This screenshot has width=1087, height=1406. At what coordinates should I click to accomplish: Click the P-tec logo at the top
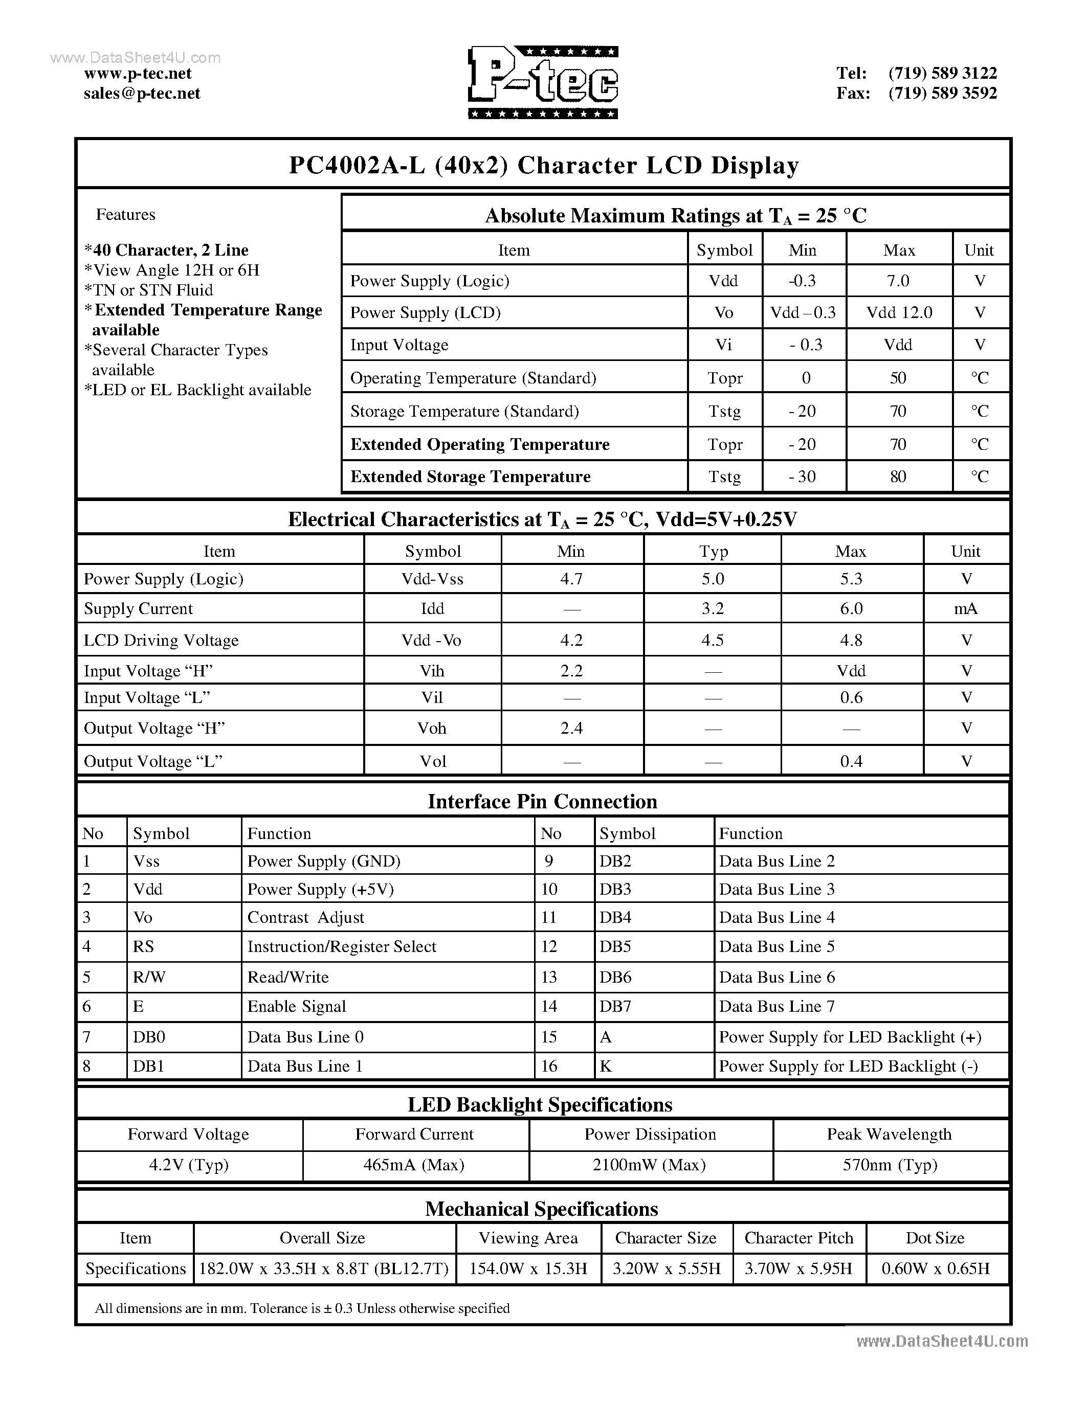coord(543,82)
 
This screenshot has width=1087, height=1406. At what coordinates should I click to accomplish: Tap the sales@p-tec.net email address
coord(142,94)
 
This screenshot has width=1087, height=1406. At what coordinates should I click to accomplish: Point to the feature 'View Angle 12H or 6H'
coord(172,270)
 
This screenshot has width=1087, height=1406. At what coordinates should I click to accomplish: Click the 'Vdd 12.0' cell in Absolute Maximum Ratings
coord(898,312)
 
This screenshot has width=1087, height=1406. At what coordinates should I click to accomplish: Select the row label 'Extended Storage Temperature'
coord(470,477)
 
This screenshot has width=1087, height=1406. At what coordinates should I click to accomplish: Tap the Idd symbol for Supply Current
coord(432,608)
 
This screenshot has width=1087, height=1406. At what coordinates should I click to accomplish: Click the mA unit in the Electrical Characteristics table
coord(965,608)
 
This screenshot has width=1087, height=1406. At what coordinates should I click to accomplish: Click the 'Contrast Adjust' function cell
coord(306,917)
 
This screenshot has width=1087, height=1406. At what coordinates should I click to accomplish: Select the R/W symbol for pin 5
coord(149,977)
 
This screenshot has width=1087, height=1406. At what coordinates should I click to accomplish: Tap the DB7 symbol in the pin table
coord(615,1006)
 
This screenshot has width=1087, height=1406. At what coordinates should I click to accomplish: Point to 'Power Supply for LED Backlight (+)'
coord(850,1037)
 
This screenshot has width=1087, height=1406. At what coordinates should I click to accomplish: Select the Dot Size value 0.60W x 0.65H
coord(935,1268)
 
